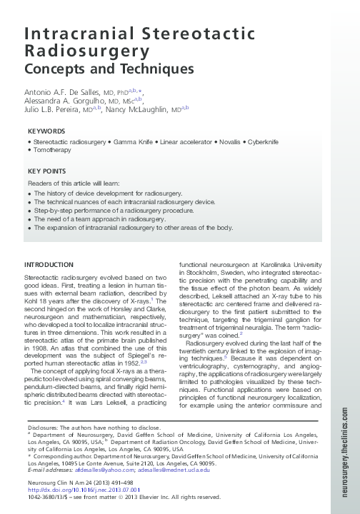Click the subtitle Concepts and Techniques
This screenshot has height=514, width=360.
109,69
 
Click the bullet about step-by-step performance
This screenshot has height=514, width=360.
113,211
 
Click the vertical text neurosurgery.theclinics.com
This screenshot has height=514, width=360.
346,443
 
